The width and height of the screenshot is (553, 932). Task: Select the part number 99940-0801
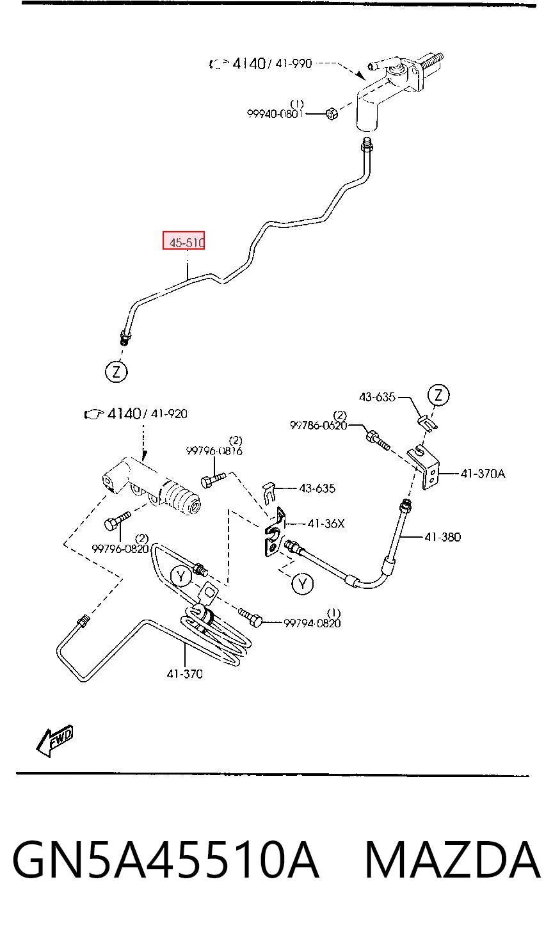(275, 113)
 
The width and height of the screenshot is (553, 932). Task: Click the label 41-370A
(483, 474)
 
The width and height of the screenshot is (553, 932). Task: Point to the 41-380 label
(442, 536)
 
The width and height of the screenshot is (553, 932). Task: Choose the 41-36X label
(326, 524)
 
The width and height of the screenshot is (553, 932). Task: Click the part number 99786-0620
(318, 425)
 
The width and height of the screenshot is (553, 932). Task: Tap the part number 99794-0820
(312, 623)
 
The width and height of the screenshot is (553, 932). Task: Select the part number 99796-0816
(214, 451)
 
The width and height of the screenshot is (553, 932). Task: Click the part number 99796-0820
(120, 549)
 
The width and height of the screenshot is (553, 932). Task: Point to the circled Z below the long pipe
(116, 371)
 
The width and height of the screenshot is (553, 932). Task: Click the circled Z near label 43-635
(438, 394)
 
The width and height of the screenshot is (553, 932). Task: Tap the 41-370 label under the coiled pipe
(184, 673)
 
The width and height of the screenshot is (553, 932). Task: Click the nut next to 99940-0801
(331, 113)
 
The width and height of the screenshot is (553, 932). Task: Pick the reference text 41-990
(293, 63)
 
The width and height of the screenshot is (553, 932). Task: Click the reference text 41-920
(169, 414)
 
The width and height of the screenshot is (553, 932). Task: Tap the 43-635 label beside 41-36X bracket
(317, 488)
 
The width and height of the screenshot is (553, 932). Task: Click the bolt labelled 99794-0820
(250, 618)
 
